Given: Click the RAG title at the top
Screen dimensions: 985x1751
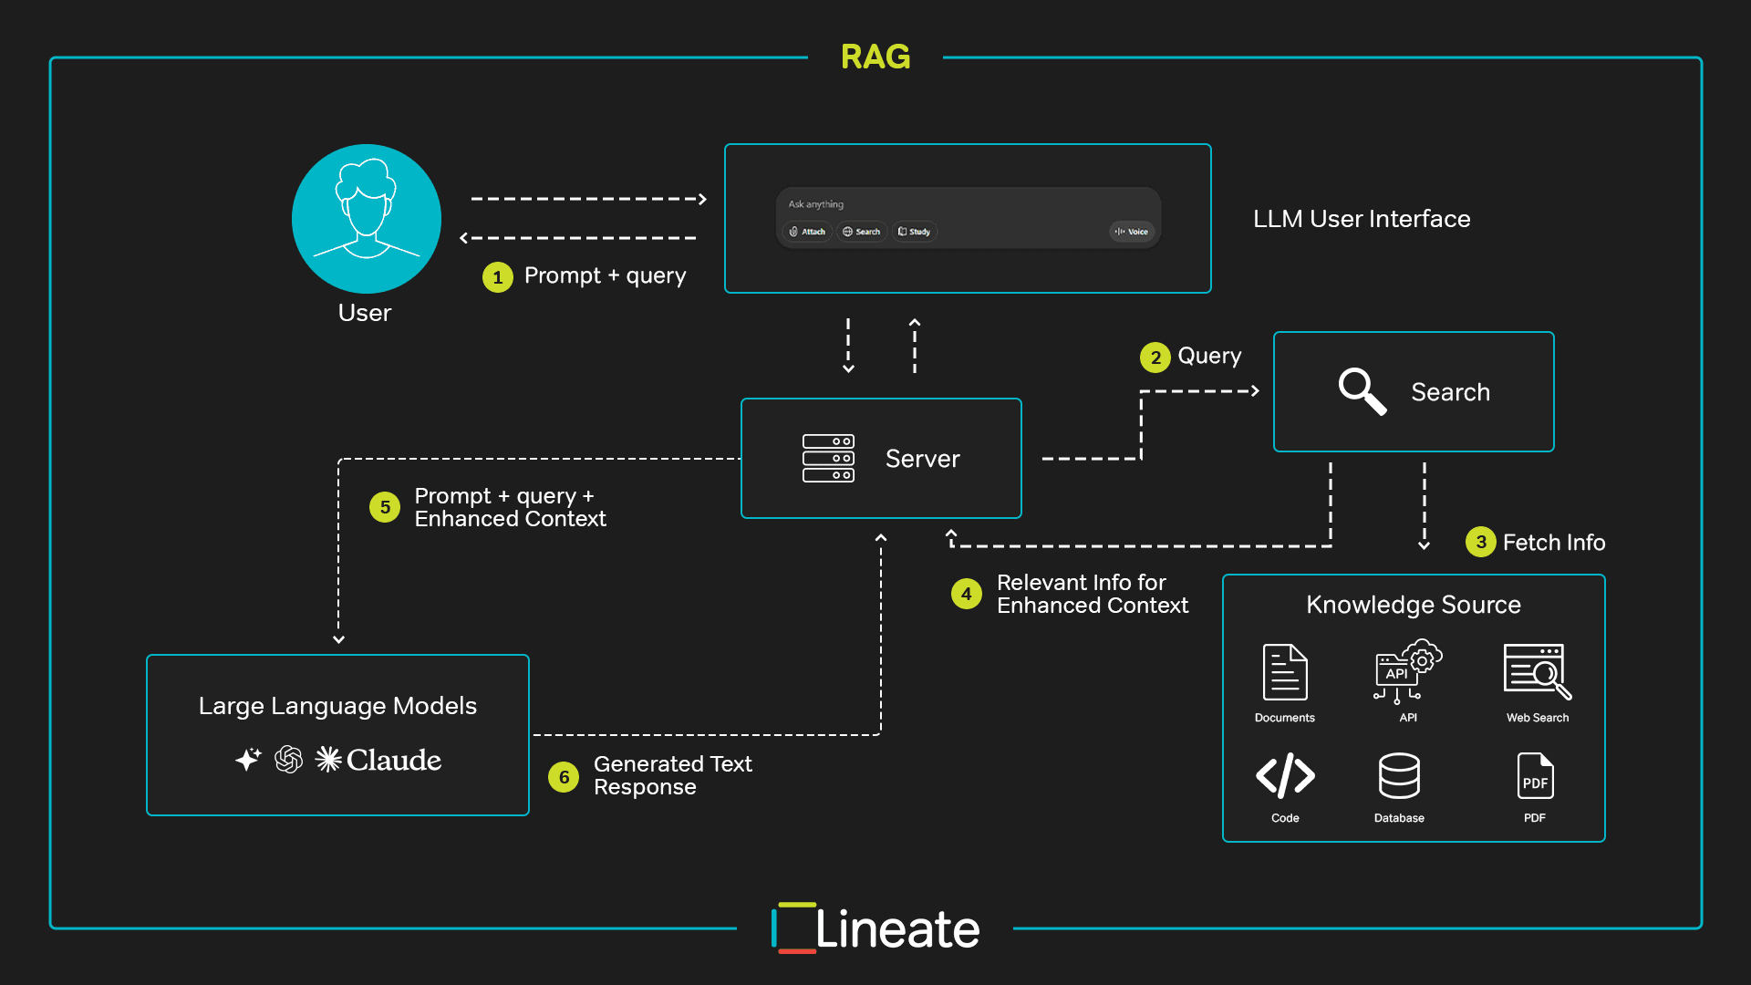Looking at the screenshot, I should click(x=875, y=57).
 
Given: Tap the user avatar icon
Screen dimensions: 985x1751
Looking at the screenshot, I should click(x=366, y=218).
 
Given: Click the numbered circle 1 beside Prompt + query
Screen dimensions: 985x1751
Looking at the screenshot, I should click(x=497, y=277).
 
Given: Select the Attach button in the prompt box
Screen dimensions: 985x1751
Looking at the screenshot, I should click(x=808, y=232).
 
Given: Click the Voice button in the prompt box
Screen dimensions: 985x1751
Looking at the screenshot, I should click(x=1132, y=232).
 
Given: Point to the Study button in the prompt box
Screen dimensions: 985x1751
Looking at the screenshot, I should click(x=915, y=232).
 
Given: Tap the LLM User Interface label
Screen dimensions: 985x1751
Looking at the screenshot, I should click(x=1361, y=219).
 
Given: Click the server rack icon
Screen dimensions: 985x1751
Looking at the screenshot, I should click(x=828, y=458).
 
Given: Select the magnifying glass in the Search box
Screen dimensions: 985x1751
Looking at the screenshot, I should click(x=1362, y=391).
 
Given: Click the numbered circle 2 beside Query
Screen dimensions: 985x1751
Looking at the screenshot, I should click(x=1155, y=358).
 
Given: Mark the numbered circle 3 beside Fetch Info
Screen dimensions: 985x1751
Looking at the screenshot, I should click(x=1480, y=543).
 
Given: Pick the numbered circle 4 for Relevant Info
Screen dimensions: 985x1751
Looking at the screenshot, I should click(x=966, y=594).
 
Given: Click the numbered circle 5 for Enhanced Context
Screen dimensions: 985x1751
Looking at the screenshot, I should click(x=385, y=507).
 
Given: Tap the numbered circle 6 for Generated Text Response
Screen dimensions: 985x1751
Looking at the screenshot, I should click(x=564, y=777).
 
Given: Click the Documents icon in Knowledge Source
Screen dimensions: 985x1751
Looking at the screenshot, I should click(x=1284, y=672).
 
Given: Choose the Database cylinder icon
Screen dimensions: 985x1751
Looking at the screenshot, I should click(x=1399, y=776).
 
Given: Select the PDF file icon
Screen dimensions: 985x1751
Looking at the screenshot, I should click(x=1535, y=776).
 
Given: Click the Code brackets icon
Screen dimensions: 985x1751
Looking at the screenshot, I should click(x=1285, y=776).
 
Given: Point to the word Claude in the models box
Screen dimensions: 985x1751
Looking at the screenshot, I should click(x=394, y=760).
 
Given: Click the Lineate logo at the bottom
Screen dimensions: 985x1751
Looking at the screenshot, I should click(x=875, y=928).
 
